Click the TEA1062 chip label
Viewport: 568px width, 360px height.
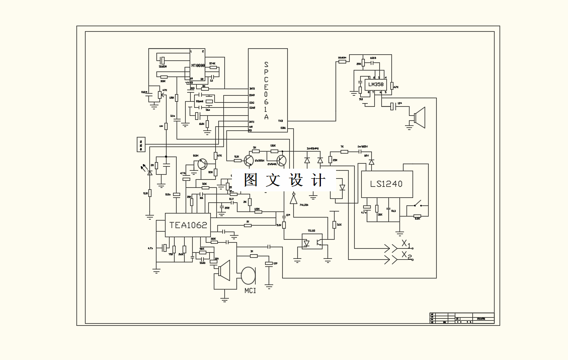pyautogui.click(x=188, y=225)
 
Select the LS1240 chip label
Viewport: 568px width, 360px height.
pyautogui.click(x=386, y=184)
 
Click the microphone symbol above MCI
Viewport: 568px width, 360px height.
pyautogui.click(x=248, y=275)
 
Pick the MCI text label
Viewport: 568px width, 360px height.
pyautogui.click(x=250, y=291)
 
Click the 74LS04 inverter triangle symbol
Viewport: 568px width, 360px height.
pyautogui.click(x=293, y=198)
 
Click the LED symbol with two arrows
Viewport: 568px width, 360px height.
pyautogui.click(x=149, y=171)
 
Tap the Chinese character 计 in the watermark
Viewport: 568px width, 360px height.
pyautogui.click(x=318, y=180)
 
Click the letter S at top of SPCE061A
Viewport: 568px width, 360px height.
pyautogui.click(x=266, y=65)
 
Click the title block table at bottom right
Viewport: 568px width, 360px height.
pyautogui.click(x=461, y=318)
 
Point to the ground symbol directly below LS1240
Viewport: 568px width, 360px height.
pyautogui.click(x=400, y=233)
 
